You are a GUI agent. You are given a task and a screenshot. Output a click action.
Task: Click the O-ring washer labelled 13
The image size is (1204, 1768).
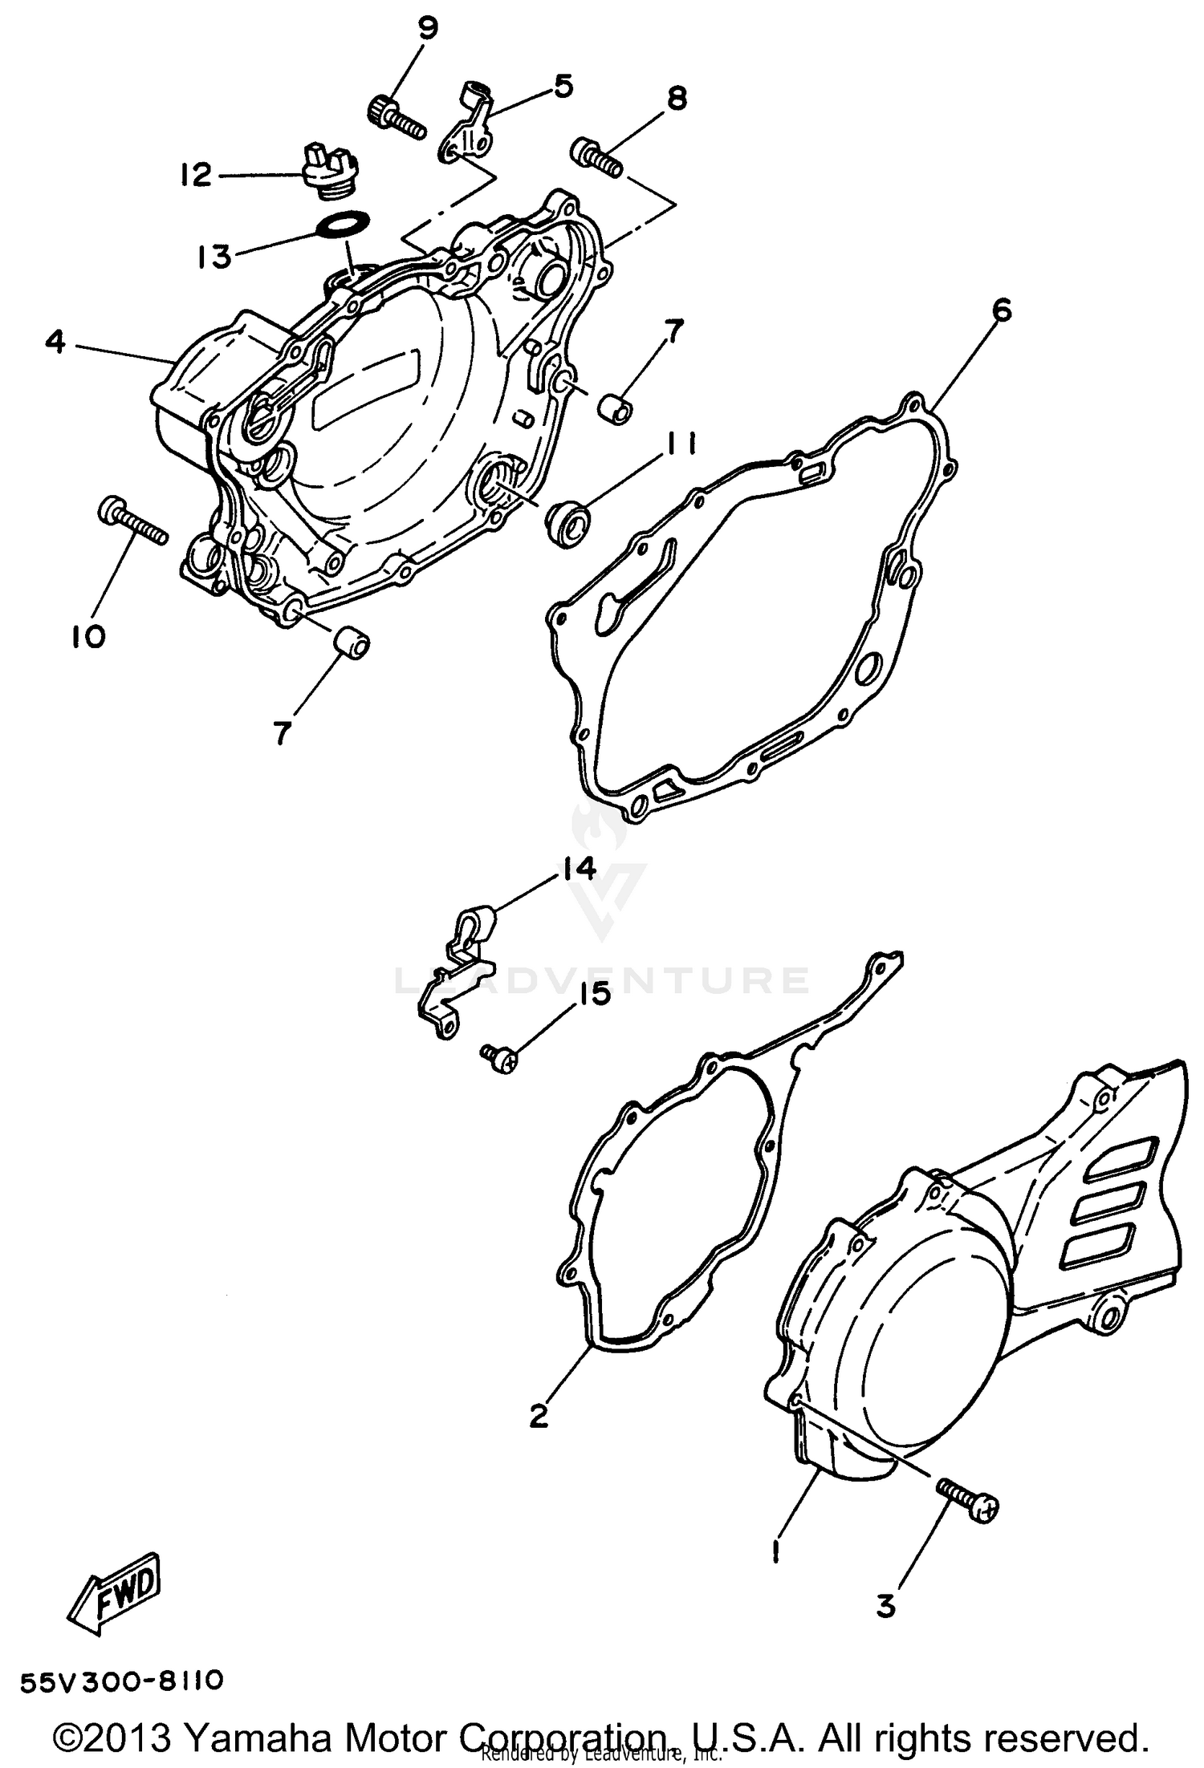point(345,222)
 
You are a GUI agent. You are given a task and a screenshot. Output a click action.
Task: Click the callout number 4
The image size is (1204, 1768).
point(55,343)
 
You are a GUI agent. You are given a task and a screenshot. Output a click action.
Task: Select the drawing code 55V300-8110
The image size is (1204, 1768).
point(120,1681)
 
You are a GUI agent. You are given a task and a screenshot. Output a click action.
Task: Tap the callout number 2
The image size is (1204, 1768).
point(539,1416)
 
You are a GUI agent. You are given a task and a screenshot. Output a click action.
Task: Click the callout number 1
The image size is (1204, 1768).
point(775,1552)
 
